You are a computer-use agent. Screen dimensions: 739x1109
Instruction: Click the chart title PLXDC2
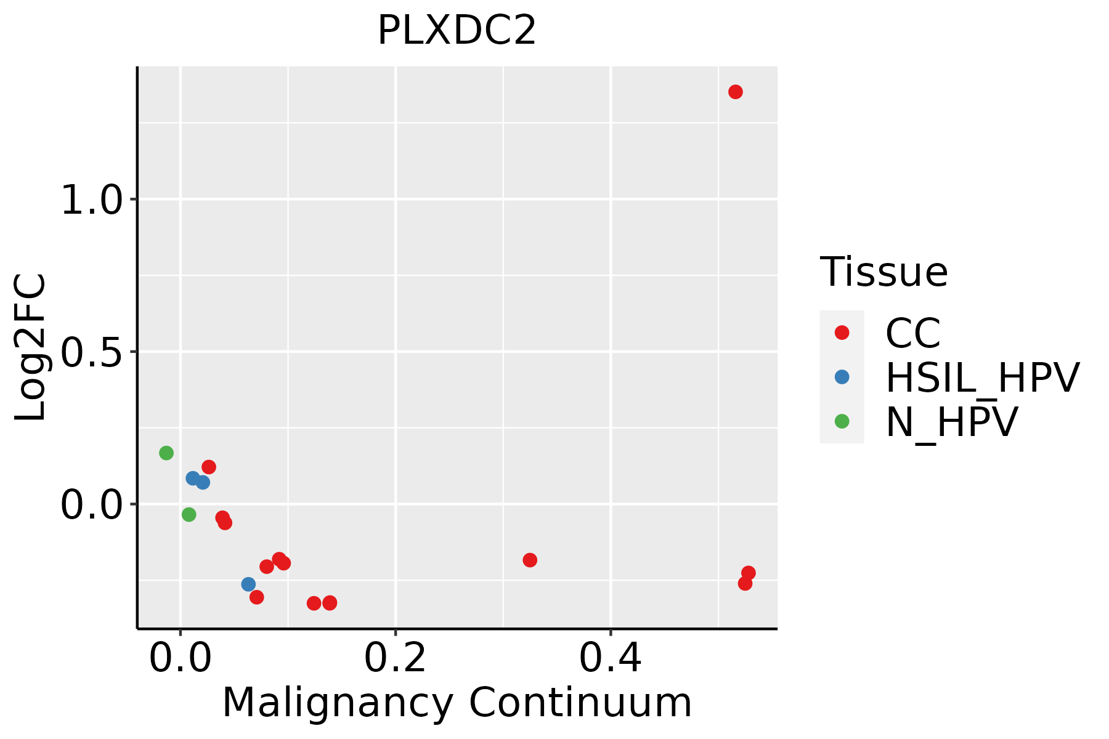(457, 31)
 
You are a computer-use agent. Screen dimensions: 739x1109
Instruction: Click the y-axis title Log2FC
(31, 347)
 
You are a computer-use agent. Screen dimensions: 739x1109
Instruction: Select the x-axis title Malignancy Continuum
(457, 702)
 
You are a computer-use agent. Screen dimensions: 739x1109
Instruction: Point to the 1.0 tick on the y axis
(93, 200)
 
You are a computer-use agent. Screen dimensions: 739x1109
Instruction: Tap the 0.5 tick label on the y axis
(93, 352)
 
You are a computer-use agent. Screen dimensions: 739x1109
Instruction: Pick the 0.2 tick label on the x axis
(395, 658)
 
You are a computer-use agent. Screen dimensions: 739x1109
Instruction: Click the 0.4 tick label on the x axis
(610, 658)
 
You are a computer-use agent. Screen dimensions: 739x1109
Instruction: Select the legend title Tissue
(884, 272)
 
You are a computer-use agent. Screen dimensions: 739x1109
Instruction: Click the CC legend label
(912, 333)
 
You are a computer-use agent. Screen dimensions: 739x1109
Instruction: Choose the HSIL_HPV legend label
(982, 378)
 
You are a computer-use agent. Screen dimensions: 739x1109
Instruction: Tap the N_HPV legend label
(951, 422)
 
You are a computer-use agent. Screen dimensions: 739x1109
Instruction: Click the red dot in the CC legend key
(842, 333)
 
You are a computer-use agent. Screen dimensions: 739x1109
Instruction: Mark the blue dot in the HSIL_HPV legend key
(842, 377)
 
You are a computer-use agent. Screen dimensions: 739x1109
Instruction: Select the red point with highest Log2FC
(735, 92)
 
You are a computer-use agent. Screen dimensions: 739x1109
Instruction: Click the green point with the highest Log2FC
(166, 453)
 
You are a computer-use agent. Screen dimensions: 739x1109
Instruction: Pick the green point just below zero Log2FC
(189, 514)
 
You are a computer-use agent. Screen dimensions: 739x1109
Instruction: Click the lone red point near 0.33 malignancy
(530, 560)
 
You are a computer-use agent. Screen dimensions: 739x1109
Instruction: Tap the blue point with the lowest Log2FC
(248, 584)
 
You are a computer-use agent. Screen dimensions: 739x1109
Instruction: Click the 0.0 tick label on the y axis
(93, 504)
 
